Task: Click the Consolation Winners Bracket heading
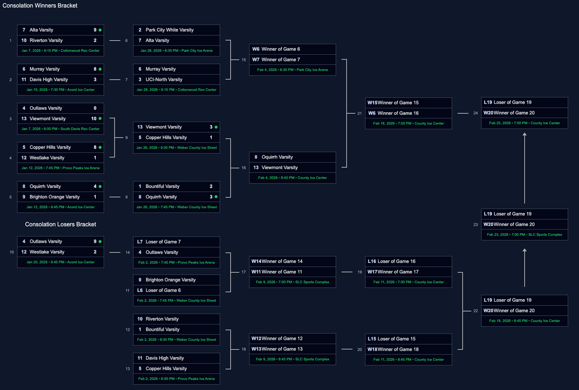[40, 6]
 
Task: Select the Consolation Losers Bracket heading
[61, 224]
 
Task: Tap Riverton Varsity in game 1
[46, 40]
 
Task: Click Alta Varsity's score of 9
[95, 30]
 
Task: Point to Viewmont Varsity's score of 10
[94, 118]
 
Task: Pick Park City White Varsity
[169, 30]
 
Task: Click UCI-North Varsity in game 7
[164, 80]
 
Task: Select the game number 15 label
[244, 60]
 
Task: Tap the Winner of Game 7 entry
[280, 60]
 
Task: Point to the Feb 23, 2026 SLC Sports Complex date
[524, 235]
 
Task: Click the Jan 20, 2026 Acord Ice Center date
[61, 262]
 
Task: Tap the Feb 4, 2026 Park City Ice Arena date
[293, 70]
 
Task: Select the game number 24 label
[475, 113]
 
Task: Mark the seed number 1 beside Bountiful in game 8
[140, 186]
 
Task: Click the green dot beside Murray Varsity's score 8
[100, 69]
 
